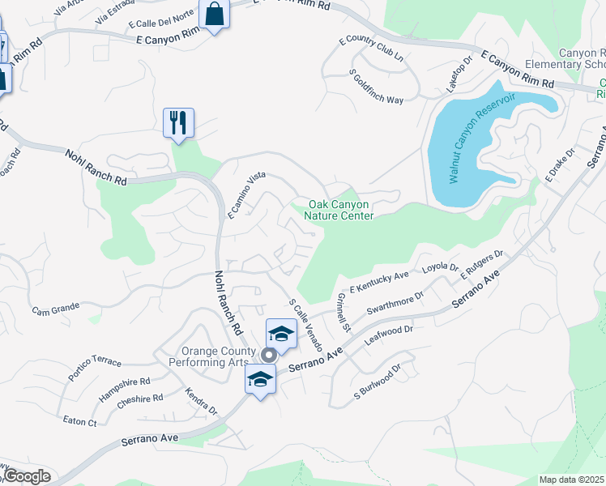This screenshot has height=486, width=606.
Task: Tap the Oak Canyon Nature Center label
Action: click(x=339, y=211)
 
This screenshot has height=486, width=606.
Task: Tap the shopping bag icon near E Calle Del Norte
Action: click(x=214, y=15)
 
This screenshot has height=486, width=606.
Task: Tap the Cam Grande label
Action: click(x=56, y=309)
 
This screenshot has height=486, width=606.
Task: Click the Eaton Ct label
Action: click(x=79, y=421)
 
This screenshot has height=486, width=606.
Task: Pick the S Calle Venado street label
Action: click(x=305, y=324)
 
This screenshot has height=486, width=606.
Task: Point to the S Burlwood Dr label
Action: click(x=378, y=383)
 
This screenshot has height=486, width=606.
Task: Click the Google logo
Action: click(x=26, y=476)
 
